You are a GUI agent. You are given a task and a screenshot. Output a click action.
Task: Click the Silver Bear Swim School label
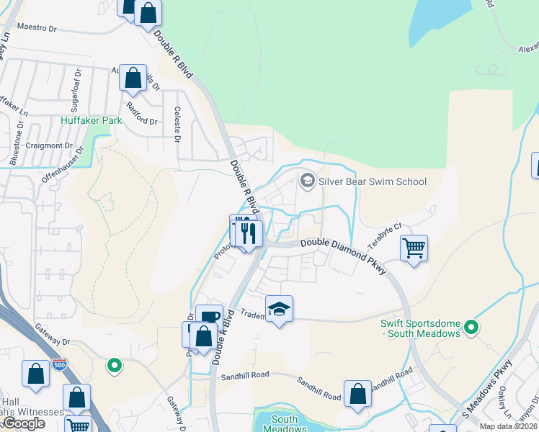(x=373, y=181)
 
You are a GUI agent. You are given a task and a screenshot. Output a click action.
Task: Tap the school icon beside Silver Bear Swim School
(x=308, y=181)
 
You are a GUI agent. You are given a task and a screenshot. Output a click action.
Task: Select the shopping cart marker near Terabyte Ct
(x=414, y=249)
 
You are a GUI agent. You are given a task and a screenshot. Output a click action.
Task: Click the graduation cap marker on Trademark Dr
(x=280, y=310)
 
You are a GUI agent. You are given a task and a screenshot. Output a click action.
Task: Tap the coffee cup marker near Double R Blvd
(x=209, y=318)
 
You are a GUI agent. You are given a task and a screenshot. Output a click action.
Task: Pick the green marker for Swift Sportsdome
(x=471, y=328)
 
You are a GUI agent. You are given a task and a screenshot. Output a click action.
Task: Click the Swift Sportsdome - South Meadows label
(x=420, y=328)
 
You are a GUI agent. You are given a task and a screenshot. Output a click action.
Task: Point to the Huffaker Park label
(x=91, y=121)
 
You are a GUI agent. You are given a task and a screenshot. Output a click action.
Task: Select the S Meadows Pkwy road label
(x=488, y=388)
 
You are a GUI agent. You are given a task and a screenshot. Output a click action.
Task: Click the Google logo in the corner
(x=24, y=423)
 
